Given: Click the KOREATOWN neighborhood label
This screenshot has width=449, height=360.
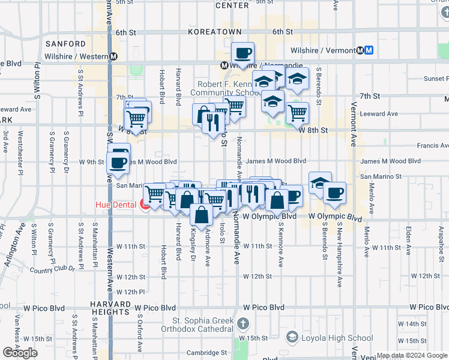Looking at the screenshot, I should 214,32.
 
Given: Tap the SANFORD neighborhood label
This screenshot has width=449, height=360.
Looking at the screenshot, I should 65,44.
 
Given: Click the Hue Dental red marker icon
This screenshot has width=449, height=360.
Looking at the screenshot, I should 145,205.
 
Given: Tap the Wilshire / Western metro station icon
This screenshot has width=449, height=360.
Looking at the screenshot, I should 113,56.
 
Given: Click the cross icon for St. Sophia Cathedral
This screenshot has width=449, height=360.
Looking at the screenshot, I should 243,325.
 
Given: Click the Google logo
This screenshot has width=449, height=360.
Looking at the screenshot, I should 20,353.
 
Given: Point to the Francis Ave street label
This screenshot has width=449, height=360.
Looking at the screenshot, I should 432,146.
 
